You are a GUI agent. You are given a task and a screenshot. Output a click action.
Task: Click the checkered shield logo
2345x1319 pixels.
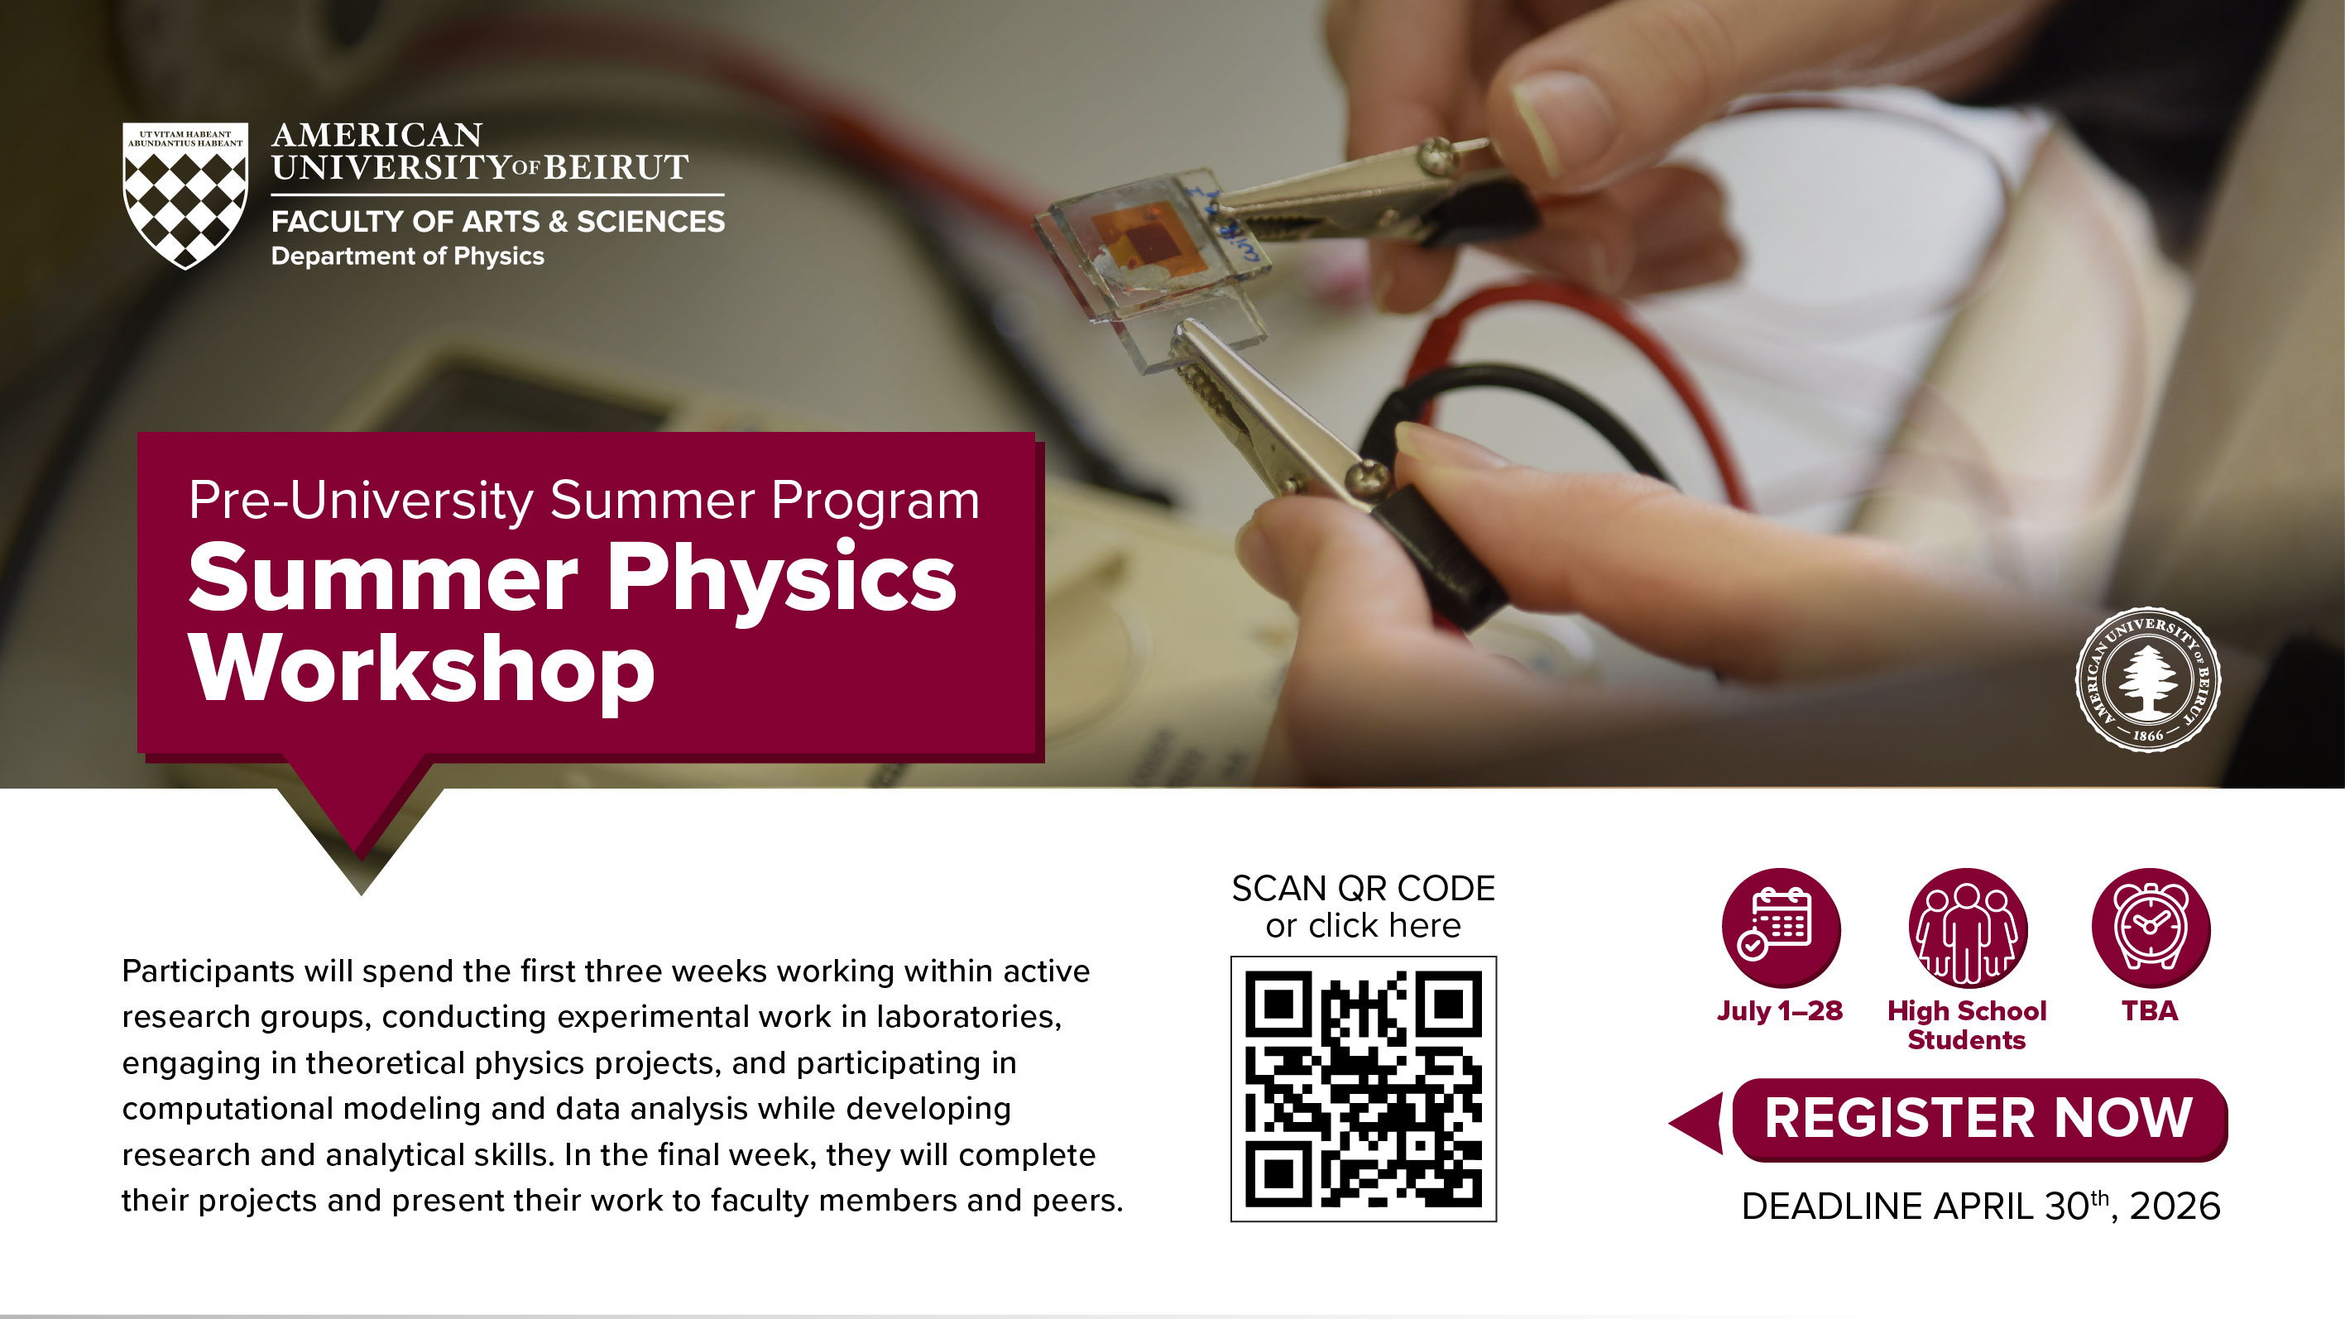pos(185,196)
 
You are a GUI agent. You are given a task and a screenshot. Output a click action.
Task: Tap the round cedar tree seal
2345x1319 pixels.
pos(2147,679)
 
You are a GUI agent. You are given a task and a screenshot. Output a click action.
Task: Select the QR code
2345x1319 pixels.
pos(1363,1089)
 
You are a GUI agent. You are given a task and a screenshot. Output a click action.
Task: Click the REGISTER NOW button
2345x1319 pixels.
pos(1979,1119)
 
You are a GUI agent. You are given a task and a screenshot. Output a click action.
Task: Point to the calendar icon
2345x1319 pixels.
pos(1780,927)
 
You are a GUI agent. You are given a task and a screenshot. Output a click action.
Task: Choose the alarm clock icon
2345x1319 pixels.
pos(2151,927)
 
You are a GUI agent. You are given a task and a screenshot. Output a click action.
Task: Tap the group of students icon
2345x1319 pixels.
pos(1967,927)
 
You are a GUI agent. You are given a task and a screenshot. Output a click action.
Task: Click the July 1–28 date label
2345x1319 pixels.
pos(1780,1011)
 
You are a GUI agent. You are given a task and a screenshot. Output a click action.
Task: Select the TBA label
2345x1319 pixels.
pos(2149,1011)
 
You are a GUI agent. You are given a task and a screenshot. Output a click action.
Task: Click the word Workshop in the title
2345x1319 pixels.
pos(421,671)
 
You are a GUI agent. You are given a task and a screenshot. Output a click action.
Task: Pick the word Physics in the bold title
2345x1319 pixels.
pos(781,579)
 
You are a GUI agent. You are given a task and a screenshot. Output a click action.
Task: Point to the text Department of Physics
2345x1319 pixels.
pos(408,257)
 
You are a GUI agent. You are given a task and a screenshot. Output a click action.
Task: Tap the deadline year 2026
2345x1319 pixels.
pos(2175,1207)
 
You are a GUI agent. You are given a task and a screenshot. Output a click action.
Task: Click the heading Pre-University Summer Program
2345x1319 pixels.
pos(583,501)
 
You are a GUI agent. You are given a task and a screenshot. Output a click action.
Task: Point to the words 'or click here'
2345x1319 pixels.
pos(1363,927)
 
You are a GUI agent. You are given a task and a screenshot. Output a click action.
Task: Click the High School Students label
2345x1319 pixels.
pos(1966,1026)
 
